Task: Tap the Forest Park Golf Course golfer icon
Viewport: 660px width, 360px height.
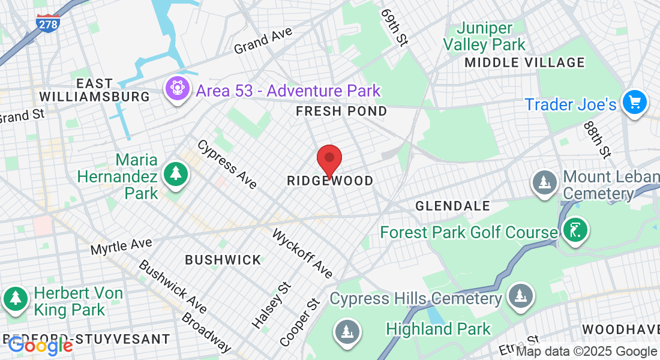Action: point(575,231)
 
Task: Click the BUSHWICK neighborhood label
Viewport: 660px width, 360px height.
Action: point(223,260)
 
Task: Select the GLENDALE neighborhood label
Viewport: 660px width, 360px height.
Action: point(453,206)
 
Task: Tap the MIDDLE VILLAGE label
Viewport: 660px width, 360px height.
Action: point(524,62)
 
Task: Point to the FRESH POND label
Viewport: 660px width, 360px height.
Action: point(341,111)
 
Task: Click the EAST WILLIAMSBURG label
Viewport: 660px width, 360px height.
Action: point(94,90)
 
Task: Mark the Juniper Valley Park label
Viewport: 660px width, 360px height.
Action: point(484,36)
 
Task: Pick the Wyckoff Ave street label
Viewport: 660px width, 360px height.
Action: point(302,253)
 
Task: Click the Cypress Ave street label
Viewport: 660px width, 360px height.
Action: point(227,164)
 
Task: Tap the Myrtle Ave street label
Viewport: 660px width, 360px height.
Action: point(121,245)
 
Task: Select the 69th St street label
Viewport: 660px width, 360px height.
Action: point(394,27)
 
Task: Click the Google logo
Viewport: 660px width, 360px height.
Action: point(40,346)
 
